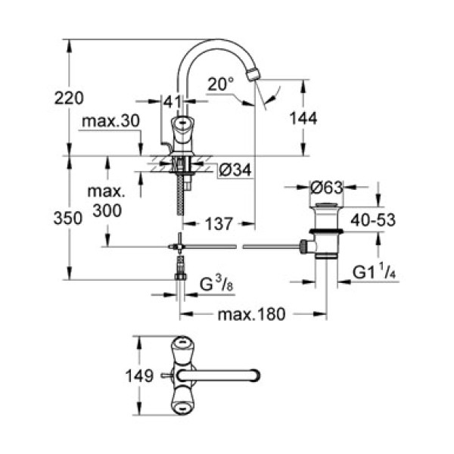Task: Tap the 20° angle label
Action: pyautogui.click(x=220, y=86)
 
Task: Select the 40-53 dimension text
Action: pyautogui.click(x=375, y=220)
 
